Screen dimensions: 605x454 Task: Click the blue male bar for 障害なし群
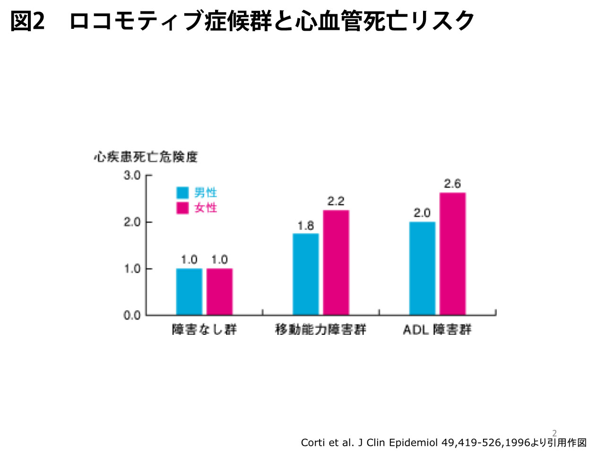[189, 292]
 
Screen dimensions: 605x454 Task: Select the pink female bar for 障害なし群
[219, 292]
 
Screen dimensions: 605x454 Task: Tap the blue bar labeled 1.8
[306, 274]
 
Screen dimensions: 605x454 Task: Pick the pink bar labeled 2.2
[336, 262]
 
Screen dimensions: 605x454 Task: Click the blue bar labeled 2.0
[422, 269]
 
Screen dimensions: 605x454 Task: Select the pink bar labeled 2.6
[453, 253]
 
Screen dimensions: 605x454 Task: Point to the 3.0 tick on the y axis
[132, 175]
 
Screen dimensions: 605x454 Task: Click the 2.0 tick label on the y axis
[132, 222]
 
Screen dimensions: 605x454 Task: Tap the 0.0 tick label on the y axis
[132, 315]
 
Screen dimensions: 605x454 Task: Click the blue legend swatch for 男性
[182, 192]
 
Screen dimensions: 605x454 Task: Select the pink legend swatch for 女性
[182, 208]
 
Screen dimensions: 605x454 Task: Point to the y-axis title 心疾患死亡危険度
[146, 157]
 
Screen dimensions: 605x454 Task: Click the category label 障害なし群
[204, 330]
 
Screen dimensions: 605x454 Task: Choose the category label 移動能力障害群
[320, 330]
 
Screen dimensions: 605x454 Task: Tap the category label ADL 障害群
[437, 330]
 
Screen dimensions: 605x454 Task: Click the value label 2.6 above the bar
[452, 183]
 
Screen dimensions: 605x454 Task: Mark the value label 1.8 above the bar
[306, 226]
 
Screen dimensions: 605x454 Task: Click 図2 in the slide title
[27, 21]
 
